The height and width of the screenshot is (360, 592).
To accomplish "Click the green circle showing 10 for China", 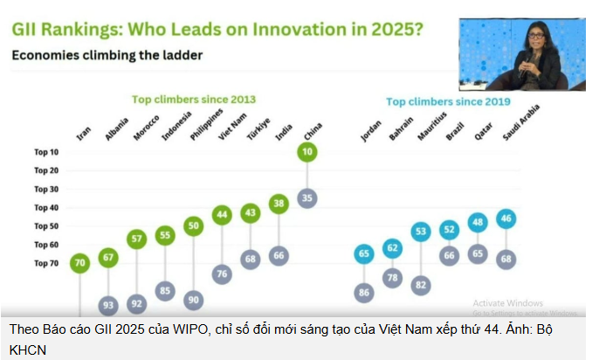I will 306,152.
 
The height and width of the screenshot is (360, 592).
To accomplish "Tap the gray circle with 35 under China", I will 306,197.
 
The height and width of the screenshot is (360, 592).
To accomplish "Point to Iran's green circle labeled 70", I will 79,261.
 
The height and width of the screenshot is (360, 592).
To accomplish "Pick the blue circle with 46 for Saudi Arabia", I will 506,218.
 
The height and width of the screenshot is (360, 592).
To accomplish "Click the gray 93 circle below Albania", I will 108,305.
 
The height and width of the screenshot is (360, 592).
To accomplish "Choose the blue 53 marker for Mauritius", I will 422,232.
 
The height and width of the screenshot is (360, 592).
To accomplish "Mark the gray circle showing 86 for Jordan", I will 365,294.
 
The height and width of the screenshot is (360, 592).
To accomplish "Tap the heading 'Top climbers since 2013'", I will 193,99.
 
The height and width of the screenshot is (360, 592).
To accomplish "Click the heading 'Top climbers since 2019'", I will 447,101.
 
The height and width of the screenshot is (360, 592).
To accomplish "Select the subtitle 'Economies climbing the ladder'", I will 107,56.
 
